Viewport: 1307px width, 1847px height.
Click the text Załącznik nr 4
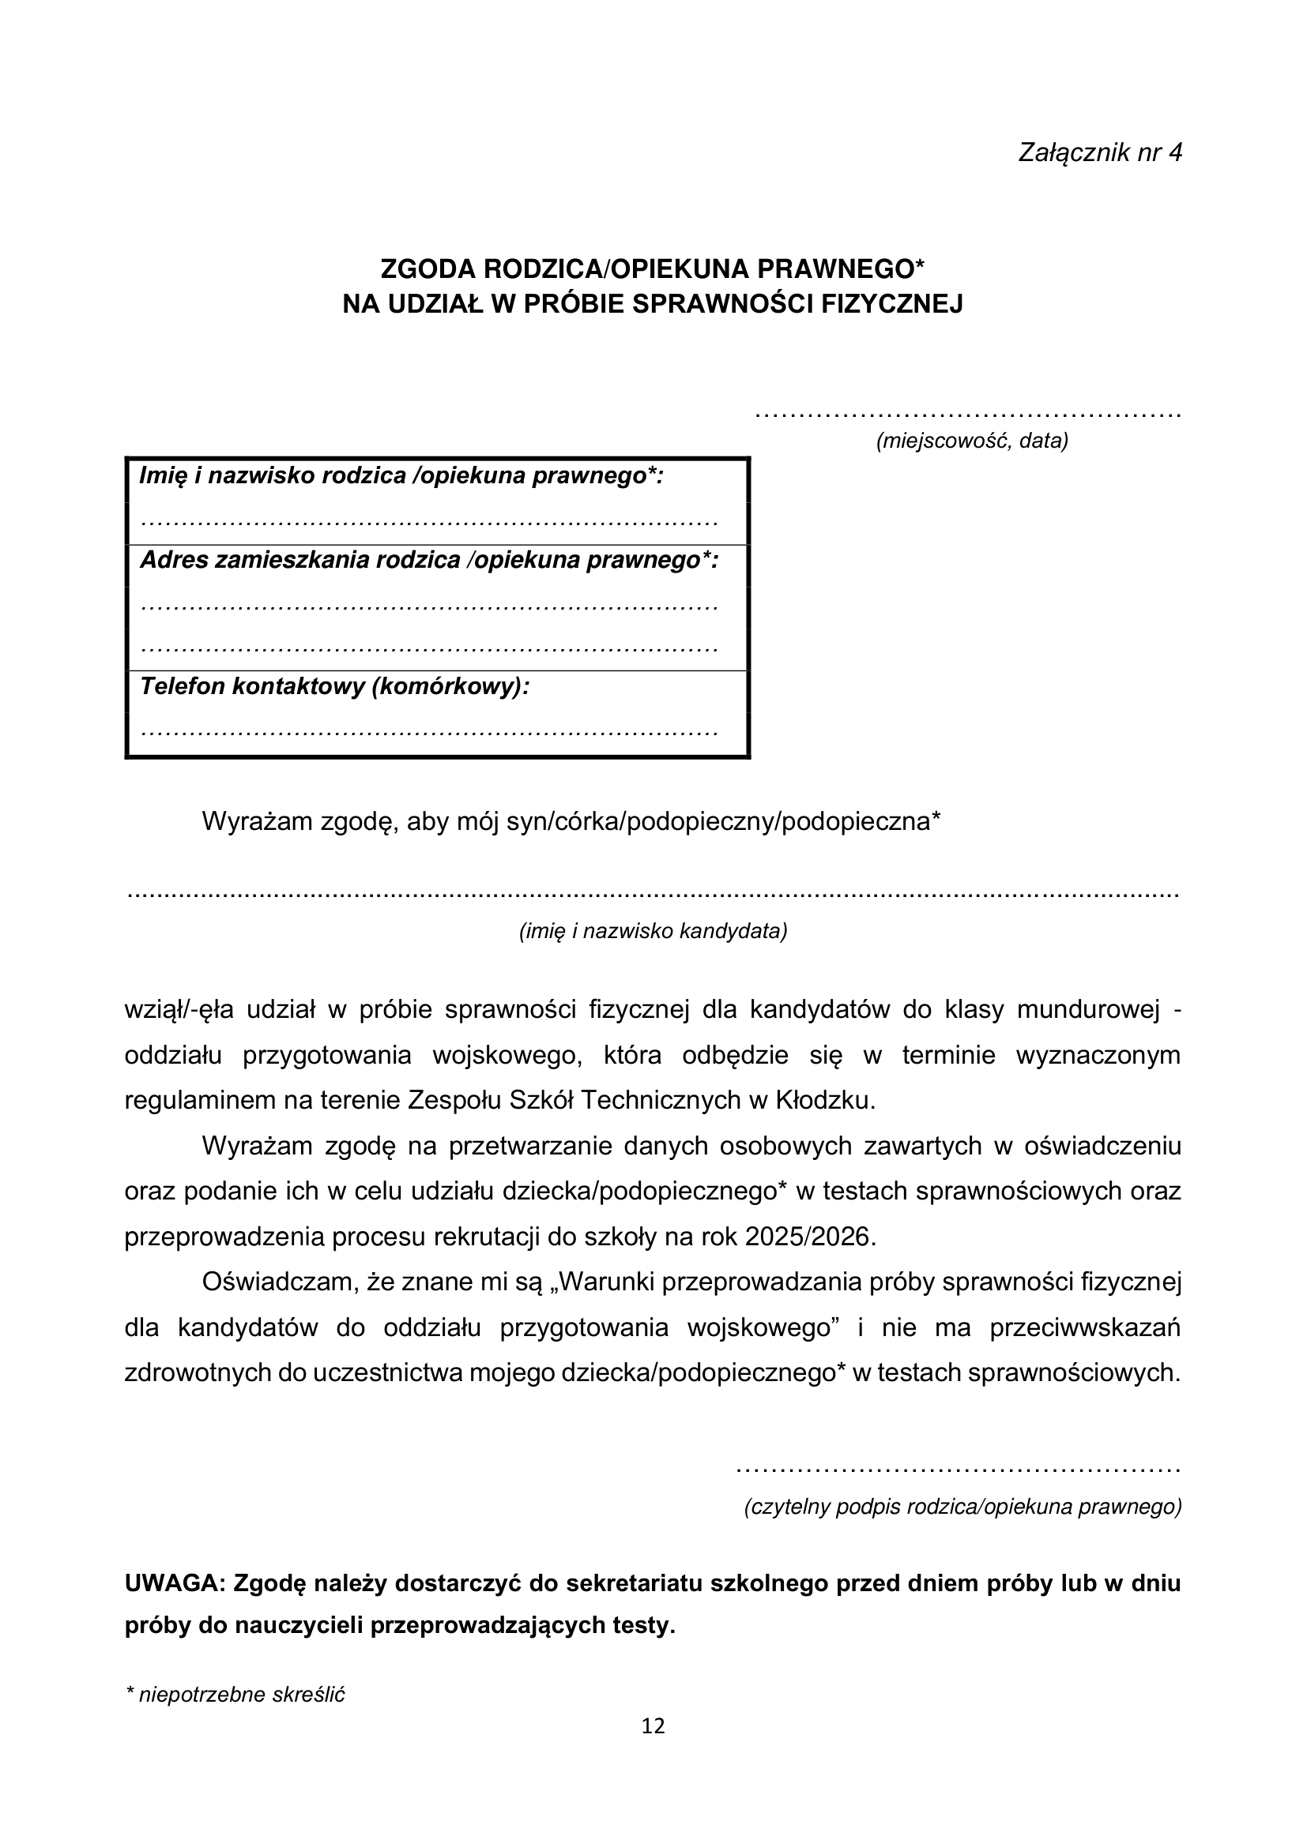click(1099, 153)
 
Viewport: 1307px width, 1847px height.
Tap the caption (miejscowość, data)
click(971, 441)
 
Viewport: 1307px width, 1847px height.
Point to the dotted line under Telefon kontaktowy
click(429, 733)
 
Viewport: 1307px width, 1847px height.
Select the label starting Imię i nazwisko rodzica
click(401, 476)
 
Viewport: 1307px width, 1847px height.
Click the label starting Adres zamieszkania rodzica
click(429, 560)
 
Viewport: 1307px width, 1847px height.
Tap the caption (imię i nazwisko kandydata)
click(653, 931)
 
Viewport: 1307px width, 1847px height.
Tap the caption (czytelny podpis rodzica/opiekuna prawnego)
click(962, 1507)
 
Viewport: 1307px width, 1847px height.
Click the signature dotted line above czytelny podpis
click(958, 1470)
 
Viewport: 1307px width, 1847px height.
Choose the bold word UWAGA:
click(175, 1583)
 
